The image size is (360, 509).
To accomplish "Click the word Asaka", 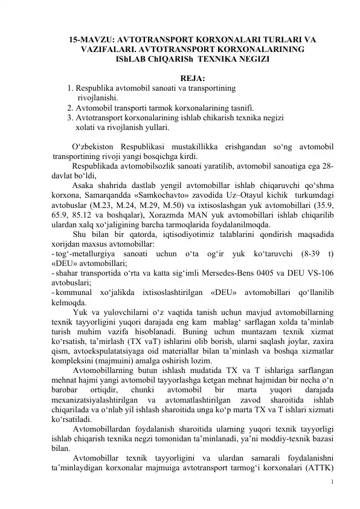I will pos(83,186).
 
